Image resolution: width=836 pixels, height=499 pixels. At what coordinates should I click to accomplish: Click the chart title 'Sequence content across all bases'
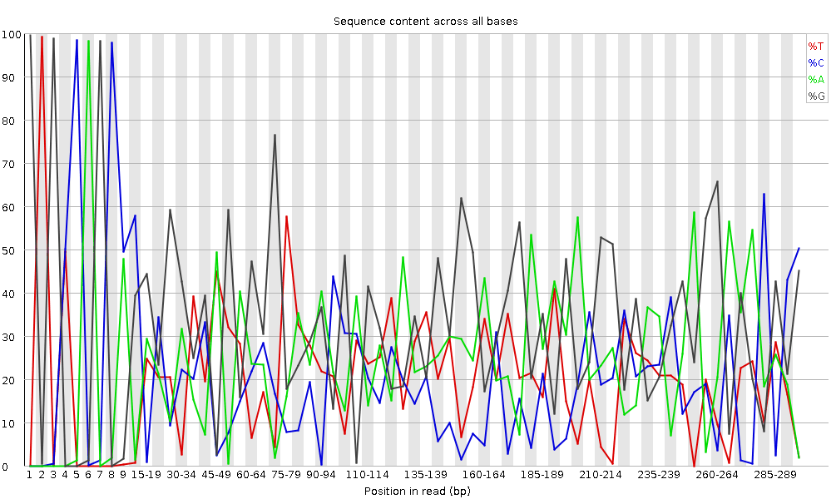[x=425, y=21]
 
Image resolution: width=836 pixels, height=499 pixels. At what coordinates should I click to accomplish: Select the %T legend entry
[x=815, y=47]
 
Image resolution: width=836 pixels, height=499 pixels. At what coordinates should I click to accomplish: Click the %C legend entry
[x=815, y=63]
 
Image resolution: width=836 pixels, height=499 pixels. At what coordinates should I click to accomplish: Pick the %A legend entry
[x=815, y=80]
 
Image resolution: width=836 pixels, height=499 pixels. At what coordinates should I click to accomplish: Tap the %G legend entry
[x=815, y=96]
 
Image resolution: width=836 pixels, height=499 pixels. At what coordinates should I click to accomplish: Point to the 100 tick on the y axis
[x=12, y=34]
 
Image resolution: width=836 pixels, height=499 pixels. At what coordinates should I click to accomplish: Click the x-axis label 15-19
[x=146, y=475]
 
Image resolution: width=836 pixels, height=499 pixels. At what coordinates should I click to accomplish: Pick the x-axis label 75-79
[x=286, y=475]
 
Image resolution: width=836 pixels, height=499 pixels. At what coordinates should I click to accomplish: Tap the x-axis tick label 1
[x=29, y=475]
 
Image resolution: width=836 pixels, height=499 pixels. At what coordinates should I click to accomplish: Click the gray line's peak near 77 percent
[x=275, y=135]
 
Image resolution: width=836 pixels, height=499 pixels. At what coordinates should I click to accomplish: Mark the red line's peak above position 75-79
[x=286, y=216]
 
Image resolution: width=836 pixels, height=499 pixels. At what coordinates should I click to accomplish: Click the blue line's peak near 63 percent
[x=764, y=194]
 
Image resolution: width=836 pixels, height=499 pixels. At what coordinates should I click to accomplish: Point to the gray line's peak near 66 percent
[x=717, y=181]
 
